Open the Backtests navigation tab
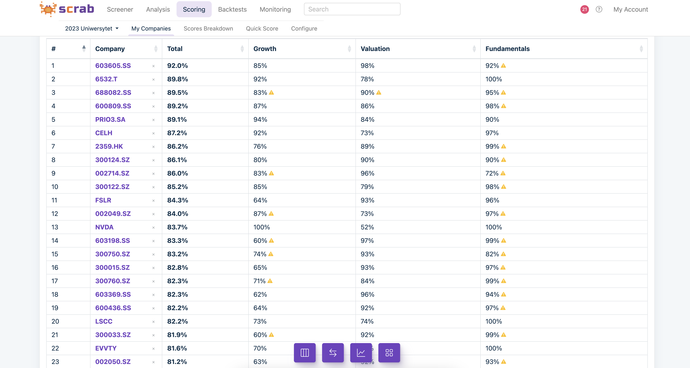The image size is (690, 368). point(232,9)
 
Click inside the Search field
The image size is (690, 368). point(352,9)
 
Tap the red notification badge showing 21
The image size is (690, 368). point(584,9)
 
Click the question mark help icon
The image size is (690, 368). point(599,9)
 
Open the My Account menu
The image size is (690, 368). point(630,9)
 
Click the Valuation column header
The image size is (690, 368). point(375,49)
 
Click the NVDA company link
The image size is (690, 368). point(104,227)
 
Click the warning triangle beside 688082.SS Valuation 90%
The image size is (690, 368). point(379,93)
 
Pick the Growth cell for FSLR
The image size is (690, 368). point(260,200)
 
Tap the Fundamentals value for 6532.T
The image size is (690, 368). point(493,79)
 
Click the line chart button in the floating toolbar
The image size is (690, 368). point(361,353)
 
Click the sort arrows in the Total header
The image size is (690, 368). point(242,49)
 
